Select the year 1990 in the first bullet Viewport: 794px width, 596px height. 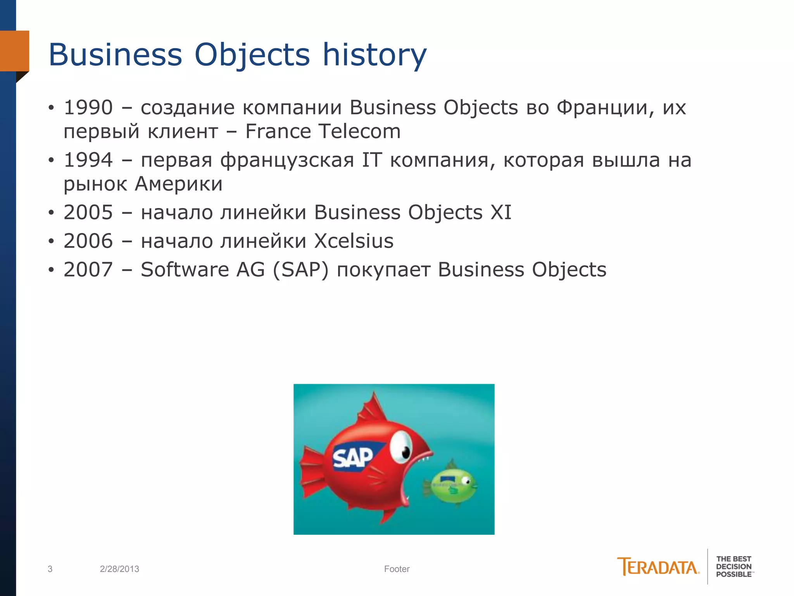point(88,107)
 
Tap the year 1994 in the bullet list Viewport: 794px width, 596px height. point(88,160)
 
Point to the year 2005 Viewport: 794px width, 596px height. point(88,213)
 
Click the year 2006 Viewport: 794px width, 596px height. point(88,241)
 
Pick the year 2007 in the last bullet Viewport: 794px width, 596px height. point(88,270)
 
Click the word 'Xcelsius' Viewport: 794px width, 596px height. point(354,241)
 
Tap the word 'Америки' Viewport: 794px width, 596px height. point(179,184)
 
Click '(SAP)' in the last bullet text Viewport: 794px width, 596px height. point(300,270)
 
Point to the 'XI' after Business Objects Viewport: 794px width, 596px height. point(501,213)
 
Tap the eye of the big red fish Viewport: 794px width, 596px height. point(401,448)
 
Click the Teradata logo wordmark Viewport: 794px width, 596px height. point(658,567)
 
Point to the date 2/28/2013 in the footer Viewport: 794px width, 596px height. point(119,569)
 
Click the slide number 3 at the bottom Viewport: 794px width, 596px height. point(50,569)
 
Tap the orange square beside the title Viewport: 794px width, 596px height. point(14,51)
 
